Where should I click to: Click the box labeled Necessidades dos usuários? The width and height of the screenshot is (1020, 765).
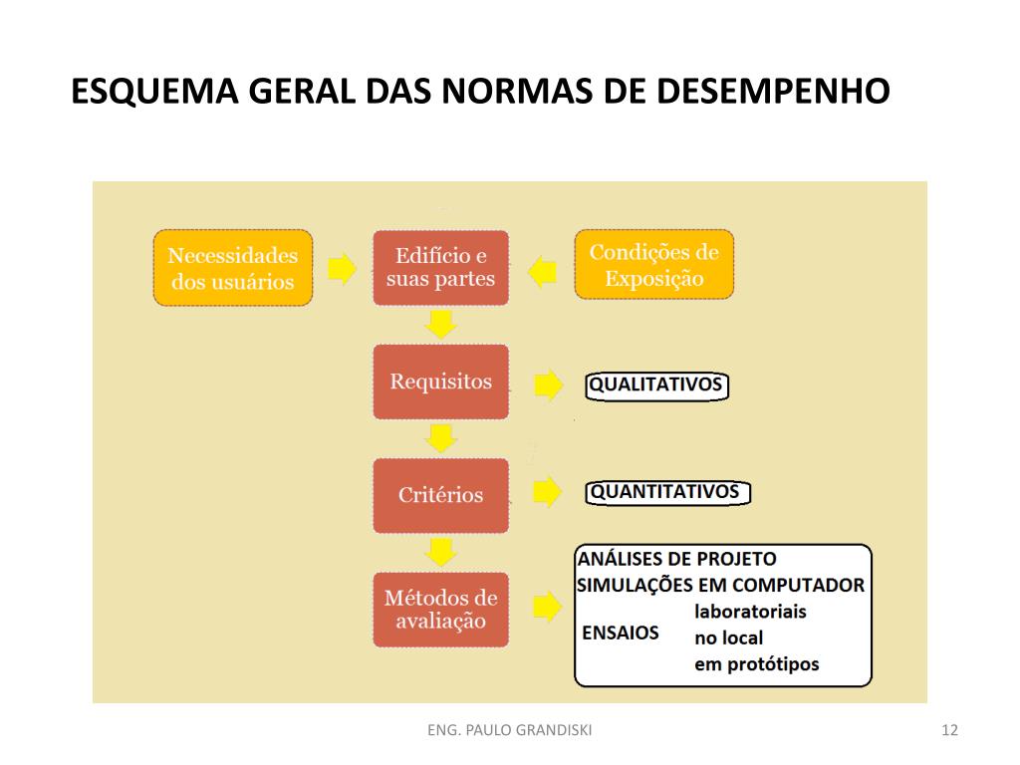pyautogui.click(x=232, y=268)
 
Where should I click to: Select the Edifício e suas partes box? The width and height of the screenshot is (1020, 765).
pyautogui.click(x=440, y=268)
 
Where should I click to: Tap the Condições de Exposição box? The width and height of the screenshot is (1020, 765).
pyautogui.click(x=653, y=265)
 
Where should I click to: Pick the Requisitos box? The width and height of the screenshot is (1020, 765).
pyautogui.click(x=440, y=382)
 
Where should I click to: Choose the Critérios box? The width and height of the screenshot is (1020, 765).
pyautogui.click(x=440, y=495)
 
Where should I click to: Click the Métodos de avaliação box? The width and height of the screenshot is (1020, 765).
pyautogui.click(x=440, y=610)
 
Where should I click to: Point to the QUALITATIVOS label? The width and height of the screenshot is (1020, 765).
pyautogui.click(x=655, y=385)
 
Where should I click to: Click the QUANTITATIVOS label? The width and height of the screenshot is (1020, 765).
pyautogui.click(x=665, y=492)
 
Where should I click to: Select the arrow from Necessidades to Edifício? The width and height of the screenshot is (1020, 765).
pyautogui.click(x=342, y=268)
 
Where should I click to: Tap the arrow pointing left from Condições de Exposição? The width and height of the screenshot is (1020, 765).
pyautogui.click(x=543, y=270)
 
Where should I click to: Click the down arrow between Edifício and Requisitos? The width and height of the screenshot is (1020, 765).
pyautogui.click(x=440, y=324)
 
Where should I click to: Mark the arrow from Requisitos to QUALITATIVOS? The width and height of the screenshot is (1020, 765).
pyautogui.click(x=548, y=385)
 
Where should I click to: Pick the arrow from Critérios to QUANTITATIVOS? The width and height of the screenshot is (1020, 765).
pyautogui.click(x=548, y=492)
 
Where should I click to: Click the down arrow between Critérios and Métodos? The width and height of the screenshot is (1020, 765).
pyautogui.click(x=440, y=551)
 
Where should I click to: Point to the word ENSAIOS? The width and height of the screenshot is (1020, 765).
pyautogui.click(x=620, y=633)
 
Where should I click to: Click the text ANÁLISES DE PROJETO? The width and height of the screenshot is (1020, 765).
pyautogui.click(x=676, y=559)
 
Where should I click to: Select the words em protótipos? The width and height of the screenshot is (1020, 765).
pyautogui.click(x=756, y=664)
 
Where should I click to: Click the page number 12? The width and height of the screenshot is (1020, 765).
pyautogui.click(x=948, y=731)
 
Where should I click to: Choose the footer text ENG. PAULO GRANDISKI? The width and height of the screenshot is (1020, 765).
pyautogui.click(x=509, y=731)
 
